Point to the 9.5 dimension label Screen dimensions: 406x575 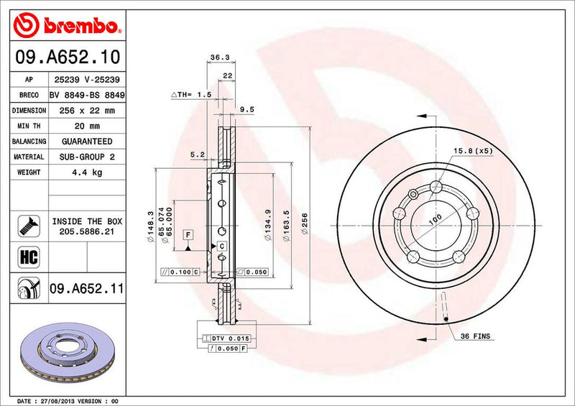tap(247, 110)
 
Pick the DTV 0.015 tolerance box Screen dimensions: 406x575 tap(230, 338)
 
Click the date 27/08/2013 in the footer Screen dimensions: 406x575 tap(61, 400)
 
